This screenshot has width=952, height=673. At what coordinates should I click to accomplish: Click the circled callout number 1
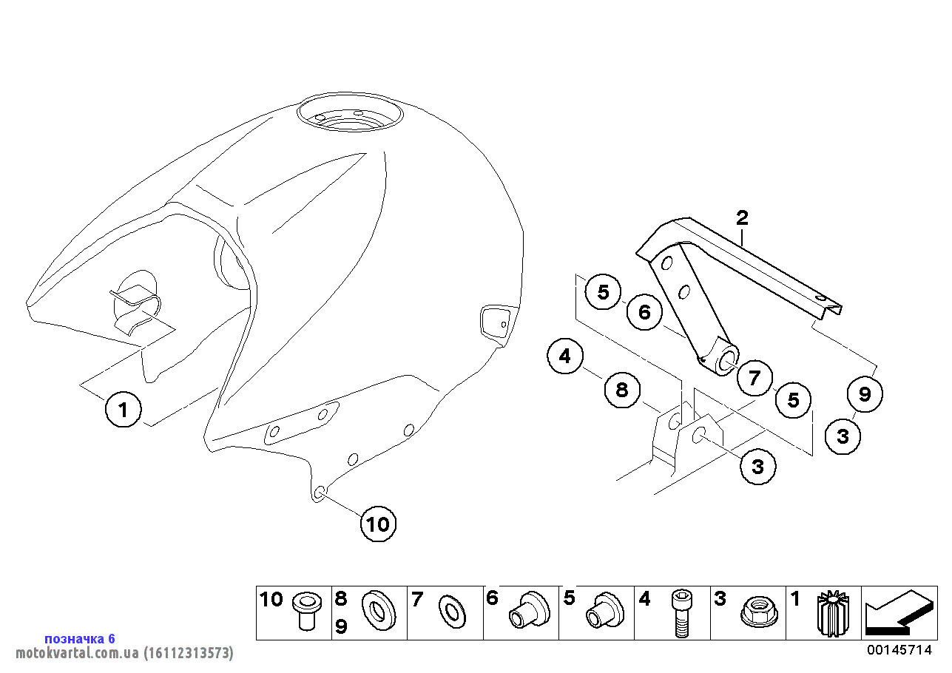pyautogui.click(x=124, y=409)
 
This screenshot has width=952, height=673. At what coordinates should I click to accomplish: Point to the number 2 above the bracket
pyautogui.click(x=742, y=217)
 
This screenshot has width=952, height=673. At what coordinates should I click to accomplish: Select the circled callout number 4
pyautogui.click(x=565, y=357)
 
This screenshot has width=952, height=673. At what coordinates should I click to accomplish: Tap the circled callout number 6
pyautogui.click(x=644, y=312)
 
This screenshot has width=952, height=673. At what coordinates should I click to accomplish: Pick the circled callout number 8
pyautogui.click(x=622, y=390)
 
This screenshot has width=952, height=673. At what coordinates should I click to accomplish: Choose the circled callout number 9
pyautogui.click(x=864, y=394)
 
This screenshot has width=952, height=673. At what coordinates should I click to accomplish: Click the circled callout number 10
pyautogui.click(x=378, y=524)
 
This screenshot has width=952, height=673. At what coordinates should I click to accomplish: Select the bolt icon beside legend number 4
pyautogui.click(x=681, y=613)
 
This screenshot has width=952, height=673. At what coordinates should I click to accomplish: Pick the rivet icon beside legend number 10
pyautogui.click(x=305, y=610)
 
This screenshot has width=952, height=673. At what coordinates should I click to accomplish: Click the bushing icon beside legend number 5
pyautogui.click(x=604, y=611)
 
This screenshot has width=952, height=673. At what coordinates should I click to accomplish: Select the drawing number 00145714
pyautogui.click(x=899, y=650)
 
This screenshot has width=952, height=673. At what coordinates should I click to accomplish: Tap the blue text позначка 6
pyautogui.click(x=80, y=638)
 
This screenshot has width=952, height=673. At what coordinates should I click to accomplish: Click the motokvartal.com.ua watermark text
pyautogui.click(x=124, y=653)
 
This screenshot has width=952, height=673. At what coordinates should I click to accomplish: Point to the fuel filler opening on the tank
pyautogui.click(x=350, y=117)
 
